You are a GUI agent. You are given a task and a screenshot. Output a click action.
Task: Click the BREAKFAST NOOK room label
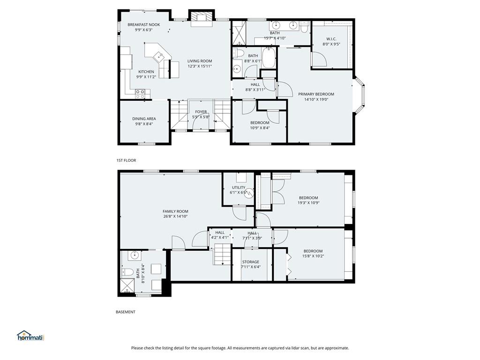click(x=143, y=25)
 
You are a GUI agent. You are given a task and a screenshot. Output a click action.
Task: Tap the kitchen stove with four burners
click(x=140, y=93)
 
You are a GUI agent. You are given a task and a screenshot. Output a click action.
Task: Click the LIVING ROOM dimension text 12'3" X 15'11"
click(x=200, y=66)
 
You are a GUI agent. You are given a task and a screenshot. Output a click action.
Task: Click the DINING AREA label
click(x=144, y=119)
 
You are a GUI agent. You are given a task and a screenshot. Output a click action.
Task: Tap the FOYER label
click(x=201, y=112)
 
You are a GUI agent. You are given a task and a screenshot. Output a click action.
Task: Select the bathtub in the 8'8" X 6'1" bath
click(x=269, y=58)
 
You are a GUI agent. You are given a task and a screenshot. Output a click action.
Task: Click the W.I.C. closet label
click(x=331, y=39)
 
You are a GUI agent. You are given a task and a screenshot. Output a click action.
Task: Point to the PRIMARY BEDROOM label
click(x=316, y=94)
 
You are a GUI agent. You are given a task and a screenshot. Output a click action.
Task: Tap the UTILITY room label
click(x=239, y=187)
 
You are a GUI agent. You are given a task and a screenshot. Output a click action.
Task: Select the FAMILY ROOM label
click(x=175, y=211)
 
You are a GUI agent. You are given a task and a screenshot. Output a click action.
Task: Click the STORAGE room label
click(x=251, y=262)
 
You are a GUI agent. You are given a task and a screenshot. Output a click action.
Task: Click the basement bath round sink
click(x=134, y=255)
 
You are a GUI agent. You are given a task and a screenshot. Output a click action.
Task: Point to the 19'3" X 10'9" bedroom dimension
click(x=308, y=202)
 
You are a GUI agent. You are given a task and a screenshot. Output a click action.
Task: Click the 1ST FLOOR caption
click(x=126, y=160)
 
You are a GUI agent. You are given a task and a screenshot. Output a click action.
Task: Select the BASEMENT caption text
click(x=126, y=312)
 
